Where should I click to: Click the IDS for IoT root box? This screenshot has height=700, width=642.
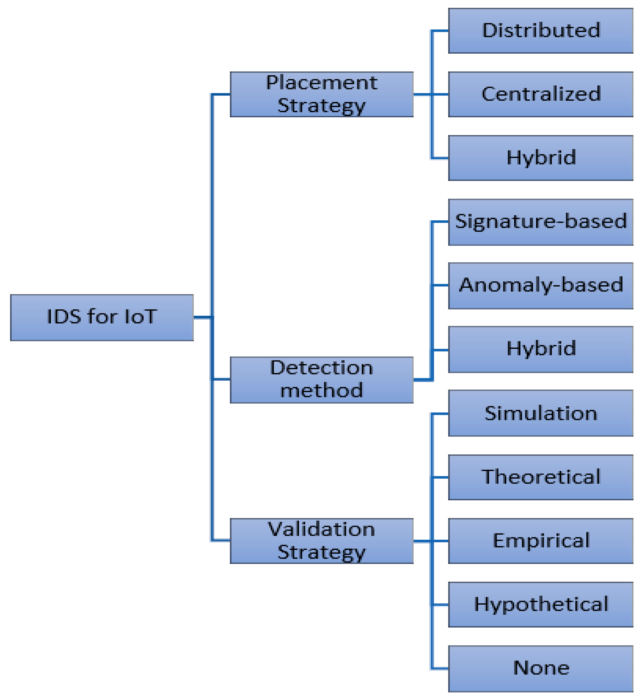102,317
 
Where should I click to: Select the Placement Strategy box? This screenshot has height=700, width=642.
321,94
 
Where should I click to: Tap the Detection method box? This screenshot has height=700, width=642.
321,380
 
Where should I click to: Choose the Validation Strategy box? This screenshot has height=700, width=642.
321,541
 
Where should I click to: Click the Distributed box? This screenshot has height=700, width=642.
541,31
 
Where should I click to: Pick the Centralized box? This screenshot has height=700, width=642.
541,94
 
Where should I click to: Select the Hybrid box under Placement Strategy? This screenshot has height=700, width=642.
541,158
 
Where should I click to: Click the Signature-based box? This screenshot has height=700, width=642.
541,222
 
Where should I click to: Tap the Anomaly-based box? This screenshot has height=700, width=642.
541,285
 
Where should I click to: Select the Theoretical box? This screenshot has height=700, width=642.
541,477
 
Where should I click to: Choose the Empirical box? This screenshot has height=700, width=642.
541,541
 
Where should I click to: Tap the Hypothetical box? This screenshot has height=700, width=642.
541,605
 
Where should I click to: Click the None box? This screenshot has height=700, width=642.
541,668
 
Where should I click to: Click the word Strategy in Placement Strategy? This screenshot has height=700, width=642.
321,106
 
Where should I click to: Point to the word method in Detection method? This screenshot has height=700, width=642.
321,391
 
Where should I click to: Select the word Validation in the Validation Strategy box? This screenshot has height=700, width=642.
321,530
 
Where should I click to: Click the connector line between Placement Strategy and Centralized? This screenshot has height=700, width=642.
422,94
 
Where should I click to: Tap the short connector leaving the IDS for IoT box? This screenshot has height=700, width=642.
202,317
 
